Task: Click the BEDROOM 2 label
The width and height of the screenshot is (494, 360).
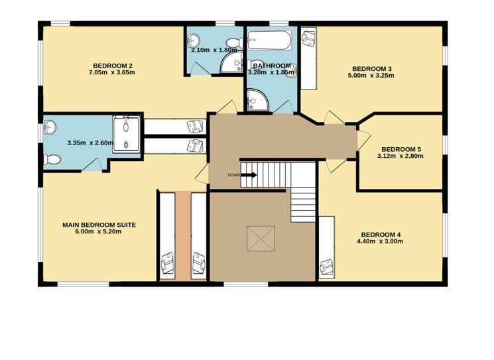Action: (x=113, y=66)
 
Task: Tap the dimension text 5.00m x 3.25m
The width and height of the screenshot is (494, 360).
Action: (x=371, y=76)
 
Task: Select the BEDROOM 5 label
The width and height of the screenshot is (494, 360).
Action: (x=401, y=149)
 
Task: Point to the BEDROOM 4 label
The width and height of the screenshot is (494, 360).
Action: (x=381, y=235)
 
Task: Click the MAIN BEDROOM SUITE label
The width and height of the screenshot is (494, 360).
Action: (x=99, y=225)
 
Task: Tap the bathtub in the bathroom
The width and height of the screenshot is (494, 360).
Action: (x=269, y=40)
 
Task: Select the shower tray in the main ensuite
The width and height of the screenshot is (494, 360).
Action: (x=126, y=134)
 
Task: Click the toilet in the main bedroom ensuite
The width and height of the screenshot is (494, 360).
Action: (x=52, y=159)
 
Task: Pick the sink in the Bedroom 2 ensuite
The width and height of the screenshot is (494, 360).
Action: (x=193, y=40)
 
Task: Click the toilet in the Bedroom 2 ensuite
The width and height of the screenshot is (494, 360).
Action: (x=235, y=42)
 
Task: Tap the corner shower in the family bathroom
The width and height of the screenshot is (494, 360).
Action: (x=257, y=100)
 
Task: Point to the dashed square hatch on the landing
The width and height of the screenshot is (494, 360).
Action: (x=261, y=239)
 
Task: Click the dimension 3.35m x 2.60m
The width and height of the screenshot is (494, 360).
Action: (x=90, y=143)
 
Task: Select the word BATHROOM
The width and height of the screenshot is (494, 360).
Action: (x=272, y=66)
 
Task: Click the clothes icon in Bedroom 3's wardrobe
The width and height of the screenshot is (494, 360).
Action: (x=308, y=38)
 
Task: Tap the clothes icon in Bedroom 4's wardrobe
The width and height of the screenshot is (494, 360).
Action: (x=327, y=267)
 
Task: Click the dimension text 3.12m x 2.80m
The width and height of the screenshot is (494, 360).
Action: (x=401, y=156)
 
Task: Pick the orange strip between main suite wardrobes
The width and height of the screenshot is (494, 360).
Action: (x=183, y=236)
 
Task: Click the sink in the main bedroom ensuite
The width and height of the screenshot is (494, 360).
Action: (x=50, y=127)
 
